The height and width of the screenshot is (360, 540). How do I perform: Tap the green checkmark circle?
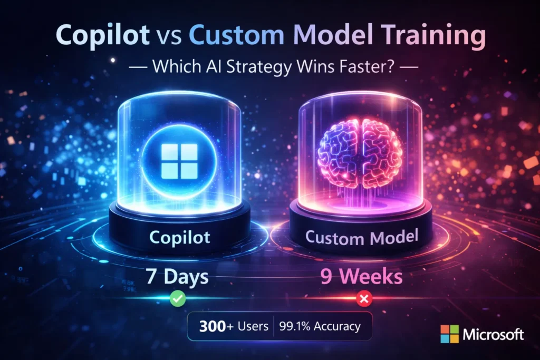pyautogui.click(x=177, y=300)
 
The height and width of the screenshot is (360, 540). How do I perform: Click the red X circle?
pyautogui.click(x=363, y=300)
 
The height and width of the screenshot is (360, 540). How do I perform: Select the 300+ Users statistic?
pyautogui.click(x=230, y=326)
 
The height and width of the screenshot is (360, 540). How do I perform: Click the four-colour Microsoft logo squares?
pyautogui.click(x=449, y=333)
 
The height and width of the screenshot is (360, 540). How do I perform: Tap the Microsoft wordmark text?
pyautogui.click(x=494, y=334)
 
